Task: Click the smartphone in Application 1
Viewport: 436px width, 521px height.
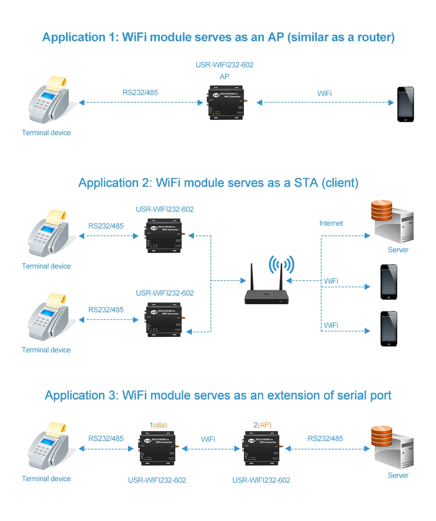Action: click(x=406, y=104)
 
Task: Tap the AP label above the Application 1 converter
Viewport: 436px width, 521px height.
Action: click(x=224, y=77)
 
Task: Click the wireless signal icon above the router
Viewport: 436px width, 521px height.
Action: click(x=282, y=264)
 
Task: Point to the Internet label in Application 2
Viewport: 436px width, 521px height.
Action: click(x=331, y=223)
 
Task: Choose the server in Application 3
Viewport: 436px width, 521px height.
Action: click(x=392, y=447)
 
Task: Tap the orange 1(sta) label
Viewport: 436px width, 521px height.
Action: click(x=159, y=425)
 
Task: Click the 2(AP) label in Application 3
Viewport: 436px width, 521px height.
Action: click(x=262, y=425)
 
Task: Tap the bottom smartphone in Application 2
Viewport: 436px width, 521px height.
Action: click(x=389, y=328)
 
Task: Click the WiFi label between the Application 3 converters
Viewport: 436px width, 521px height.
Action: click(x=208, y=439)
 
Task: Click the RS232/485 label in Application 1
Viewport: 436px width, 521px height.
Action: click(x=140, y=93)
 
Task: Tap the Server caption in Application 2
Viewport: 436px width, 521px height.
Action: click(x=398, y=250)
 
